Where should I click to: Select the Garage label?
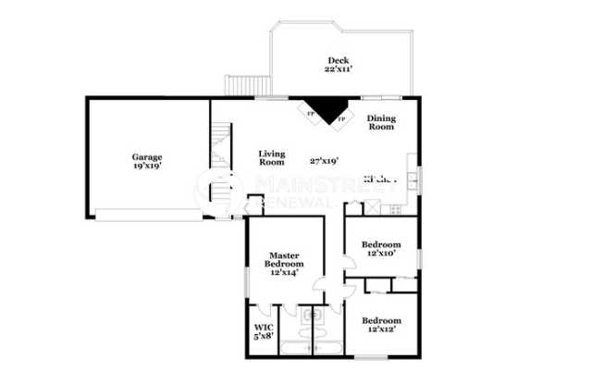click(146, 156)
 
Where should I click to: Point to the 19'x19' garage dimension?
click(146, 167)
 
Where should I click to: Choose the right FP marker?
click(340, 118)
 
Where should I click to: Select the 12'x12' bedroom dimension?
click(381, 329)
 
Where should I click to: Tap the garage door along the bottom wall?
click(150, 215)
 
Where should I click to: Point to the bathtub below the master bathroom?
click(296, 349)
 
